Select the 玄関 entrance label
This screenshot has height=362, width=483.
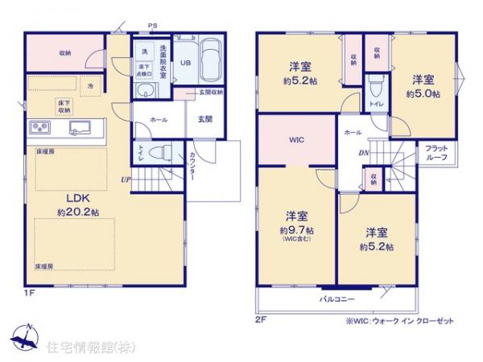pyautogui.click(x=204, y=119)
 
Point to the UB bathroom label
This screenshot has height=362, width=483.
pyautogui.click(x=184, y=61)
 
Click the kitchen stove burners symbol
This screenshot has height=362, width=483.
pyautogui.click(x=41, y=127)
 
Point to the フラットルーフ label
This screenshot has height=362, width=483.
pyautogui.click(x=436, y=154)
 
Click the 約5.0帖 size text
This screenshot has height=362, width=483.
pyautogui.click(x=425, y=93)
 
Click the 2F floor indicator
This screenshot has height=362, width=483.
pyautogui.click(x=259, y=319)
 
